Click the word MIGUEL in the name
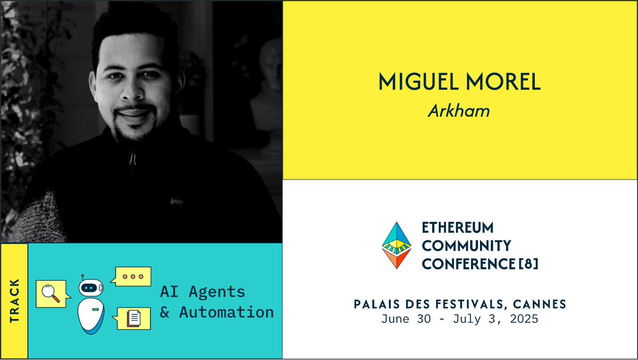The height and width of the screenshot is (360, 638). pos(419,82)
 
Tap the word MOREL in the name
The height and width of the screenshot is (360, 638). pos(503,82)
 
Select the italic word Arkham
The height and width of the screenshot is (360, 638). pos(459,111)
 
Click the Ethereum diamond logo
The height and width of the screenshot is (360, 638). pos(397,245)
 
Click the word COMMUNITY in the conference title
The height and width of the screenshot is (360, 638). pos(467,246)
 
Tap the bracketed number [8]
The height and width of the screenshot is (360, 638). pos(528,264)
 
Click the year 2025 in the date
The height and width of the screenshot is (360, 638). pos(524,319)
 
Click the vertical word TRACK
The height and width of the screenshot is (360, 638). pos(14,301)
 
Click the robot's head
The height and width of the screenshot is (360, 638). pos(91,287)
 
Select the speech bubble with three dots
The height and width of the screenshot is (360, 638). pos(131,277)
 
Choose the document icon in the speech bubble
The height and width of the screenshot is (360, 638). pos(133,319)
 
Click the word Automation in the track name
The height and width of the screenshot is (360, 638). pos(226,312)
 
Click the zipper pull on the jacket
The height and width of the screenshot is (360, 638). pos(132,160)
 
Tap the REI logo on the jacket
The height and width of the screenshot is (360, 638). pos(177,202)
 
